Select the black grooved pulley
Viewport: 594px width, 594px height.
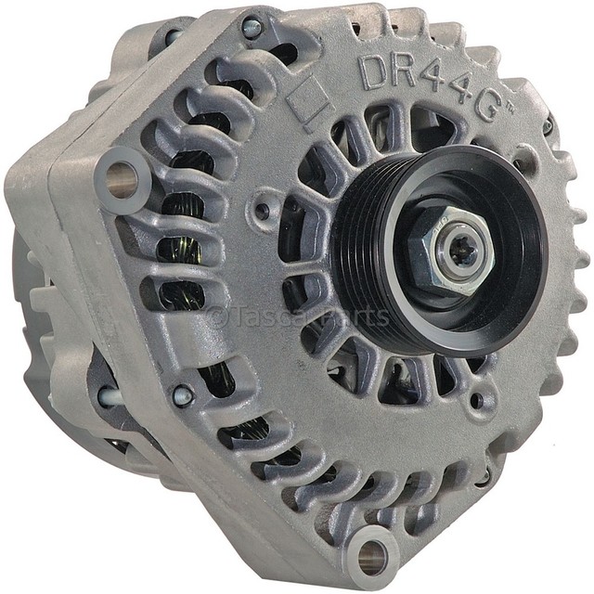(440, 250)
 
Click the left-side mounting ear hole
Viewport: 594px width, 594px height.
(122, 179)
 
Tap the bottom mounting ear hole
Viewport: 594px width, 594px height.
(371, 555)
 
